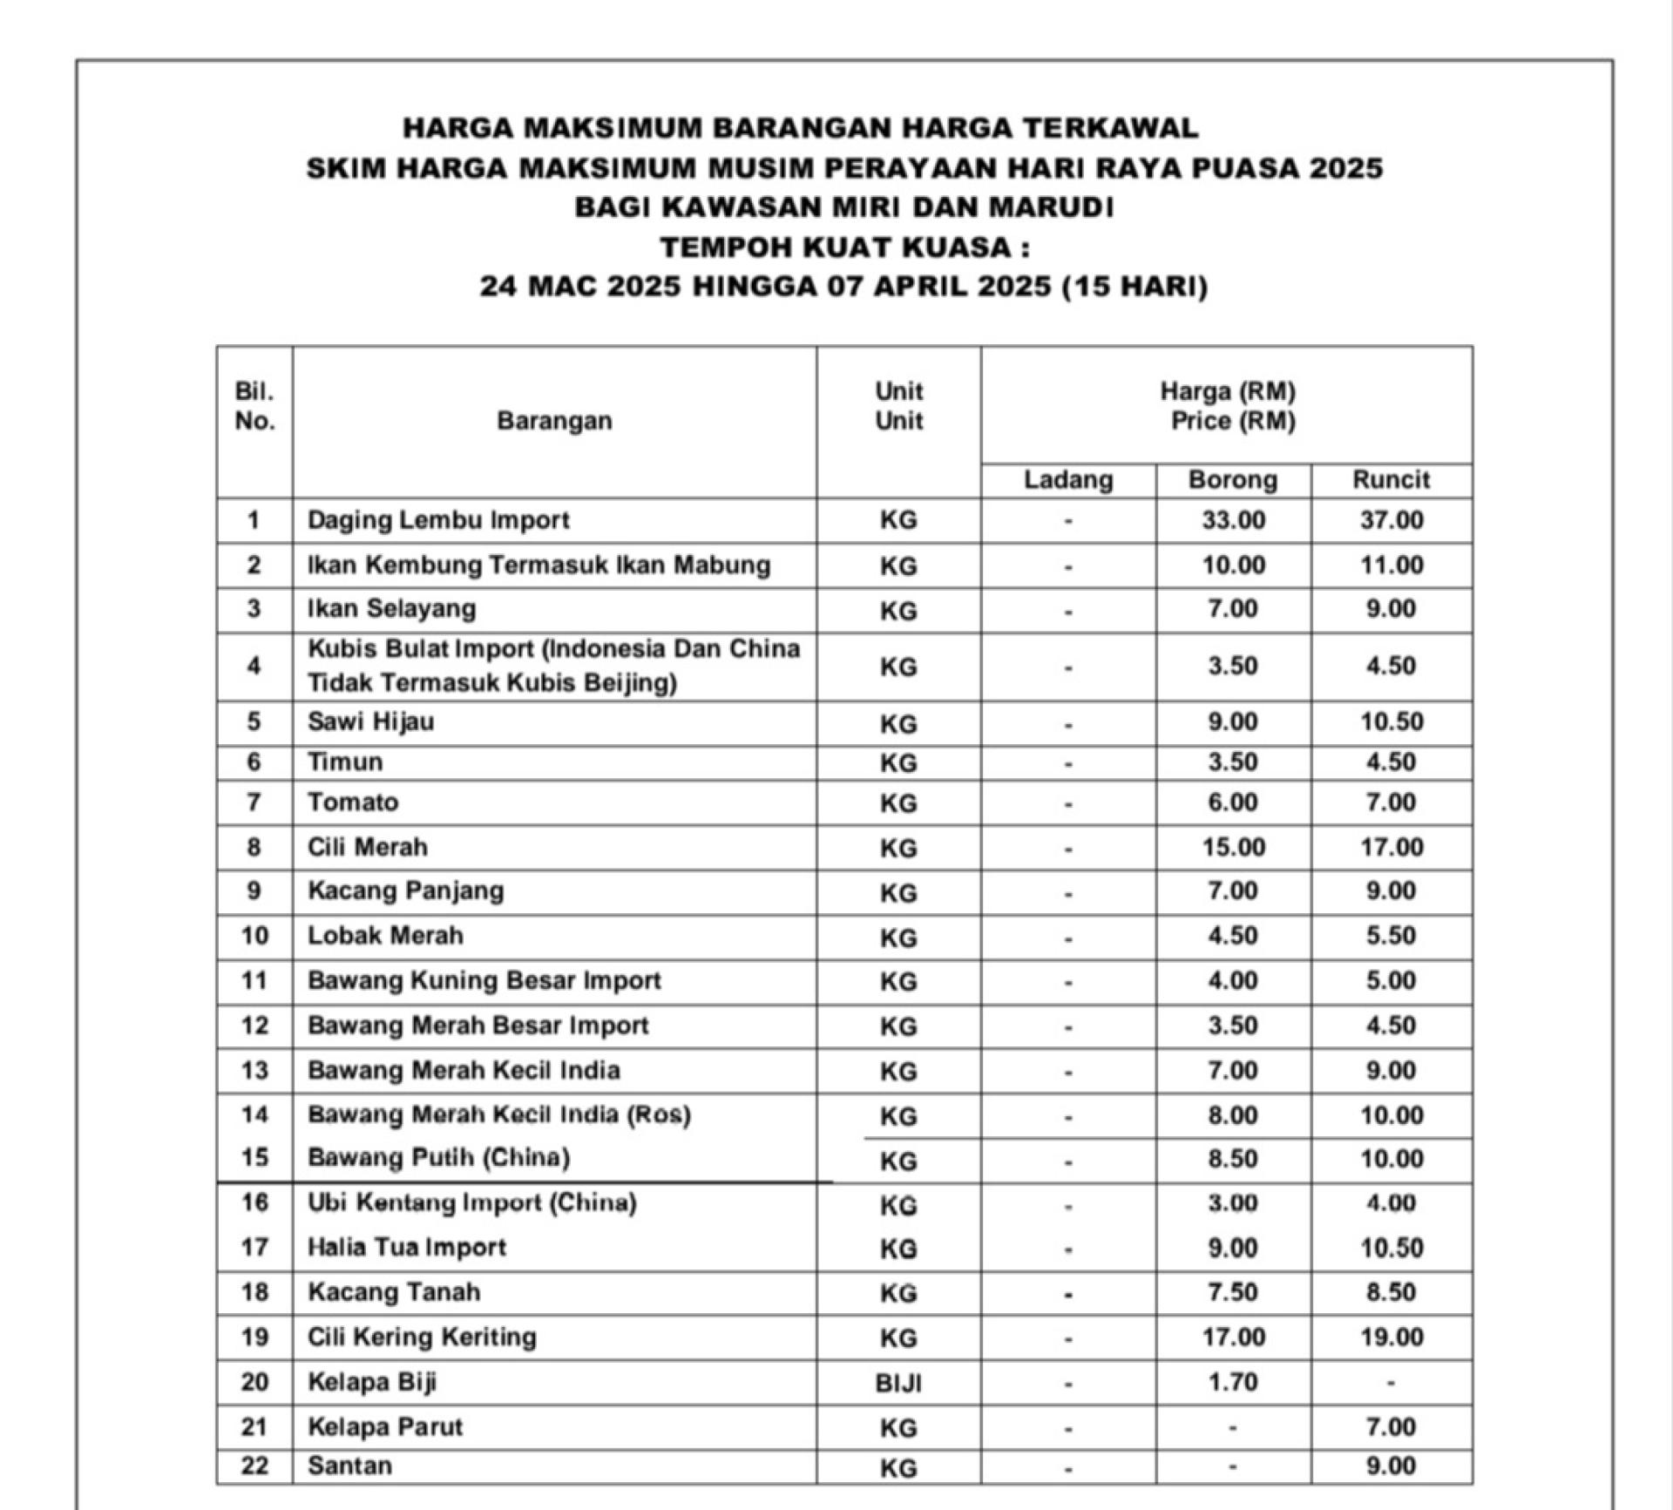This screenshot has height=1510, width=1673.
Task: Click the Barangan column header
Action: point(554,421)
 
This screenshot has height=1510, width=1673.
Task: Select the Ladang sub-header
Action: point(1068,480)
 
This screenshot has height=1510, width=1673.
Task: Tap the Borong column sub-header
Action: point(1233,480)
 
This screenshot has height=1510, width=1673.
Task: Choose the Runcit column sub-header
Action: point(1392,480)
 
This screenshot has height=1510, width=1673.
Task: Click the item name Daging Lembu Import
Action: point(438,520)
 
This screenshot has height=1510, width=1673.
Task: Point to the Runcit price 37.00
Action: point(1392,520)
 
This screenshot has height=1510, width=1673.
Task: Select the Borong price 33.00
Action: point(1233,520)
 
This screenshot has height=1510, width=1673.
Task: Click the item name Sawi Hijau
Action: point(370,722)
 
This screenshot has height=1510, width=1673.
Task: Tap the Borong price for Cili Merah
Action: point(1233,847)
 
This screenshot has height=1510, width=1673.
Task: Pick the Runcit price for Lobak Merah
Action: point(1392,936)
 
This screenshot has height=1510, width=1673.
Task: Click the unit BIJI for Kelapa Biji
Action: point(898,1383)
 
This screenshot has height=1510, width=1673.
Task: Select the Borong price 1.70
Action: point(1233,1383)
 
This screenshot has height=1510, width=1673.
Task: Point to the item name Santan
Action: point(349,1466)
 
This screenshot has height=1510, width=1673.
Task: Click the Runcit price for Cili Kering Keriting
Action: point(1392,1337)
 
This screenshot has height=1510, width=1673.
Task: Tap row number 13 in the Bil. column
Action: point(254,1070)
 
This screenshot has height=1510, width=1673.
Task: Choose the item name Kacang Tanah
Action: point(394,1292)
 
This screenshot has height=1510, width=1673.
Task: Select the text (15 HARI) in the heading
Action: point(1135,287)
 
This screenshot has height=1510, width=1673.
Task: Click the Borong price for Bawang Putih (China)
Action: point(1233,1159)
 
